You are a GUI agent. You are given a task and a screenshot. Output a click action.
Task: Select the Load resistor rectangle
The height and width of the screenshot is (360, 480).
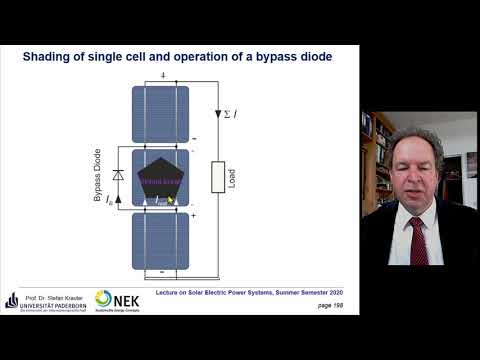[216, 177]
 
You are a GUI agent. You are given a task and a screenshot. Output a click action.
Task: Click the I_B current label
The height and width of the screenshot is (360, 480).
[109, 199]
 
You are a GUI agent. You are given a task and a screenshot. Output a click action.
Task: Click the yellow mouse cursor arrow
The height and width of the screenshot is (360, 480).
[170, 199]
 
